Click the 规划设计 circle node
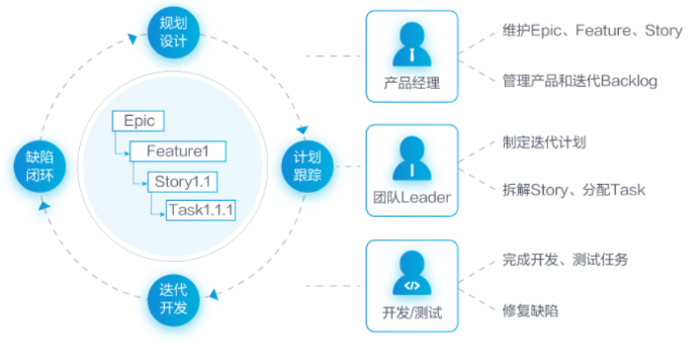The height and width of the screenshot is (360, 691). pyautogui.click(x=173, y=33)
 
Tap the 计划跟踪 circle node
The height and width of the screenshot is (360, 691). pyautogui.click(x=307, y=166)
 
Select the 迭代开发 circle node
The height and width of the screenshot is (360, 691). pyautogui.click(x=173, y=300)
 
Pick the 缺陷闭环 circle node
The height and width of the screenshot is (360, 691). pyautogui.click(x=40, y=166)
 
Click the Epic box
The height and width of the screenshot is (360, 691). pyautogui.click(x=138, y=121)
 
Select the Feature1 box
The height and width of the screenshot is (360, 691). pyautogui.click(x=178, y=151)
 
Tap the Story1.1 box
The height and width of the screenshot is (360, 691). pyautogui.click(x=183, y=182)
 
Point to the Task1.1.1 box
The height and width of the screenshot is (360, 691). pyautogui.click(x=201, y=211)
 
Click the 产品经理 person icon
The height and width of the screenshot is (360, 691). pyautogui.click(x=411, y=45)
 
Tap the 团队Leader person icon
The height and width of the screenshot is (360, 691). pyautogui.click(x=411, y=158)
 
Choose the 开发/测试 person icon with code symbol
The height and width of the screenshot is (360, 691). pyautogui.click(x=411, y=273)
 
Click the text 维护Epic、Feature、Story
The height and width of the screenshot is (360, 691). pyautogui.click(x=592, y=31)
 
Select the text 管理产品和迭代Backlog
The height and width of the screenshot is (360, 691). pyautogui.click(x=580, y=81)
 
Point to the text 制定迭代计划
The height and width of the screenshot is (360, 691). pyautogui.click(x=545, y=142)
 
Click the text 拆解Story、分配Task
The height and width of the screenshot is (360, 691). pyautogui.click(x=573, y=190)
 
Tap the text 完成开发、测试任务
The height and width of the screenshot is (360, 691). pyautogui.click(x=565, y=259)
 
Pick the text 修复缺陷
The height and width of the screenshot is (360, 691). pyautogui.click(x=530, y=311)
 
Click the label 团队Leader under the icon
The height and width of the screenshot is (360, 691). pyautogui.click(x=411, y=198)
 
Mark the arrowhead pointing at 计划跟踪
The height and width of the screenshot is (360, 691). pyautogui.click(x=302, y=130)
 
